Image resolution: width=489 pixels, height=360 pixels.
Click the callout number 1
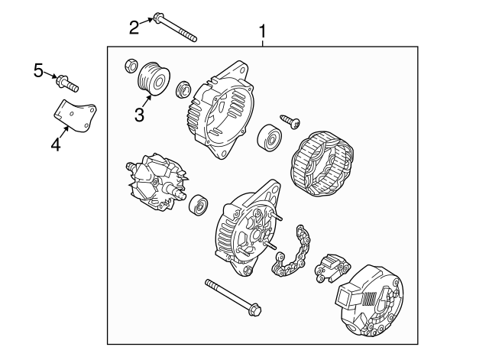pos(263,32)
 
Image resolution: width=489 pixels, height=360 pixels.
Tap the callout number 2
pos(134,28)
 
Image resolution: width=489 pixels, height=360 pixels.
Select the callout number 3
pos(139,115)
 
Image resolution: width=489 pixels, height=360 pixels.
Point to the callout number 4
pos(56,144)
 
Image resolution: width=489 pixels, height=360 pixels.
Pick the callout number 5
pos(38,70)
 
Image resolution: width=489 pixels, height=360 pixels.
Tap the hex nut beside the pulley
pos(131,66)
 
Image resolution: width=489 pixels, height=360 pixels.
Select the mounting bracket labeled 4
pos(74,115)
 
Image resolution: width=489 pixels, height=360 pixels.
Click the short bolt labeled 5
pos(67,83)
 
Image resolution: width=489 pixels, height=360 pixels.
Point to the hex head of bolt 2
pos(157,18)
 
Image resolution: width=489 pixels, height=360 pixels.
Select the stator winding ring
pos(322,164)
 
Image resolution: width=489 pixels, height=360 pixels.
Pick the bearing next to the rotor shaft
pos(199,205)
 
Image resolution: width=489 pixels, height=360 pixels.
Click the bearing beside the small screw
pos(270,139)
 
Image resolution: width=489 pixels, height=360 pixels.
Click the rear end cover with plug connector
pos(369,300)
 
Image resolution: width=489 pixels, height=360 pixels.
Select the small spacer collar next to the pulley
pos(183,89)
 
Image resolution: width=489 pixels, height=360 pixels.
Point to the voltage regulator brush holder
pos(332,268)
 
